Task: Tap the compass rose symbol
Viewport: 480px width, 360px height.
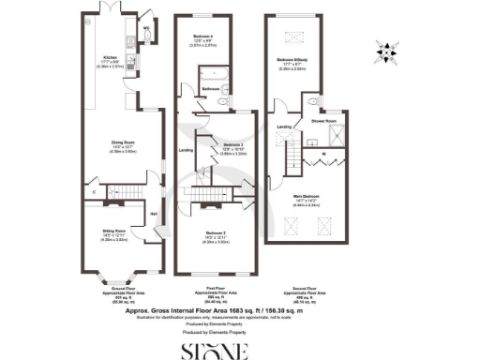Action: (389, 47)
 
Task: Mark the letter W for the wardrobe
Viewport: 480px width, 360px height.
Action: (323, 155)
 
